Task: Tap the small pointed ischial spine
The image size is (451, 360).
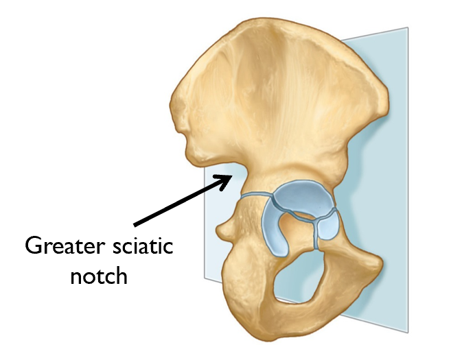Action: tap(221, 228)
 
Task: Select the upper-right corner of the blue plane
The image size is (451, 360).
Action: tap(407, 29)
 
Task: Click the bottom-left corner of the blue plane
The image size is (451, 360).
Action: tap(205, 277)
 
